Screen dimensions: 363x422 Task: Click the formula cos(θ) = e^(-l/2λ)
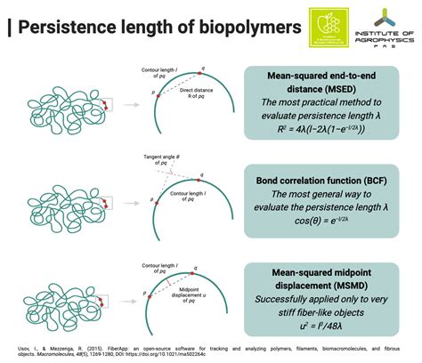[x=331, y=218]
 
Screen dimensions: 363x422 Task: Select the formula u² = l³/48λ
[x=331, y=314]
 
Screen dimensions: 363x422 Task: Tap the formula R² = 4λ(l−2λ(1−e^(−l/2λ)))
[x=331, y=126]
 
